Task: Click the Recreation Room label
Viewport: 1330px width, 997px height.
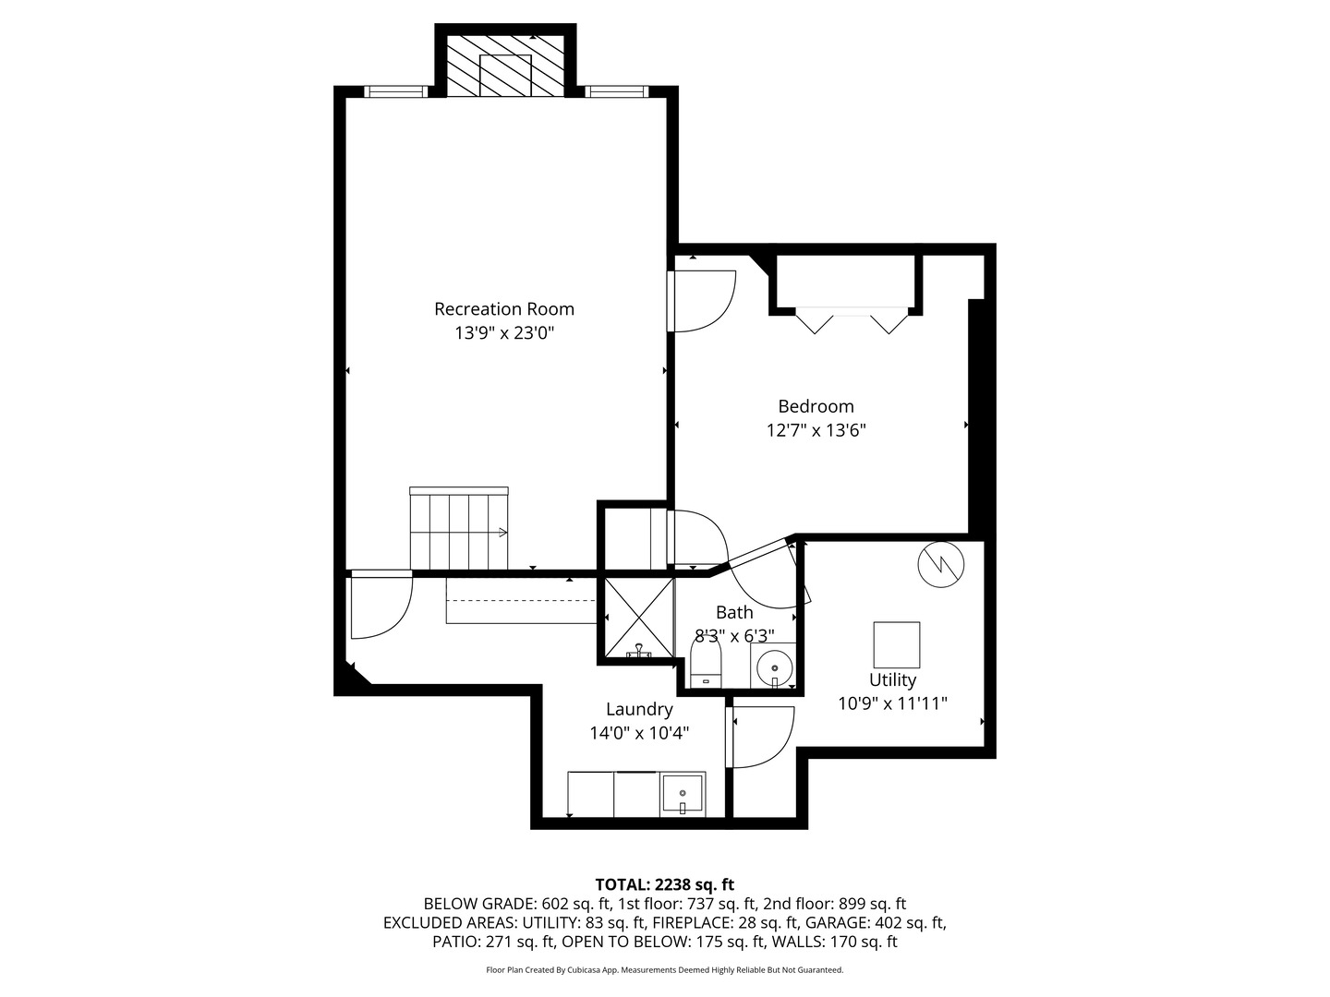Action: pos(504,308)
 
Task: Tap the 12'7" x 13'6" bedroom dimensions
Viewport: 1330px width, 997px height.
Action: pos(816,430)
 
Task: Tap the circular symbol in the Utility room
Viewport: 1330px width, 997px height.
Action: pos(940,563)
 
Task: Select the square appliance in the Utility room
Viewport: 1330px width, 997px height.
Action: pos(896,644)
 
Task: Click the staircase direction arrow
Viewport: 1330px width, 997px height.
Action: pos(502,532)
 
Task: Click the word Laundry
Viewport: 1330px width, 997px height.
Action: pos(639,709)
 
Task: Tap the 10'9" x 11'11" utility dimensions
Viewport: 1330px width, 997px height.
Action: pos(892,703)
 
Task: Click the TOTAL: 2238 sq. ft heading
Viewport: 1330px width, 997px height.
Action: pos(664,884)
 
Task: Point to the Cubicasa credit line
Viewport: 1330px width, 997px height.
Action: pos(664,970)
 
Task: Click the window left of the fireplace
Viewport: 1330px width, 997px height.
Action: pos(394,91)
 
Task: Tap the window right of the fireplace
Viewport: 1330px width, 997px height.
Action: pos(615,91)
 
